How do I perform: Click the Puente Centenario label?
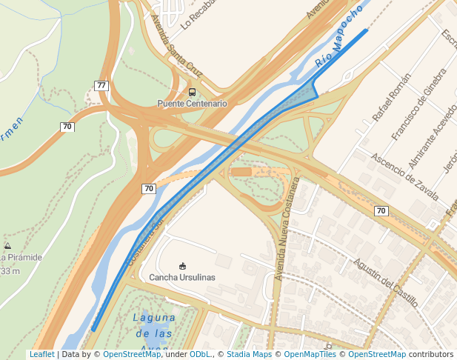click(x=192, y=104)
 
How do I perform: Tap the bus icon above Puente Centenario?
click(x=193, y=93)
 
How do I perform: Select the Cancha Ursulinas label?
click(x=182, y=277)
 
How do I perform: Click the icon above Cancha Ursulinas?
click(x=182, y=266)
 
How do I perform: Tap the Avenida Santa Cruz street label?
click(x=175, y=45)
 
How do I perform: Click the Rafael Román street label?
click(x=391, y=98)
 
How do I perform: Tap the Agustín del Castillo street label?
click(x=385, y=282)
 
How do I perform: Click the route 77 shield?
click(x=101, y=86)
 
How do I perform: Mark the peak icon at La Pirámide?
click(x=7, y=245)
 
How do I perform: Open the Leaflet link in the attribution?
click(x=41, y=355)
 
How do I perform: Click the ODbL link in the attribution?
click(x=200, y=355)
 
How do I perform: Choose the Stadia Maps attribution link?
click(x=249, y=355)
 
